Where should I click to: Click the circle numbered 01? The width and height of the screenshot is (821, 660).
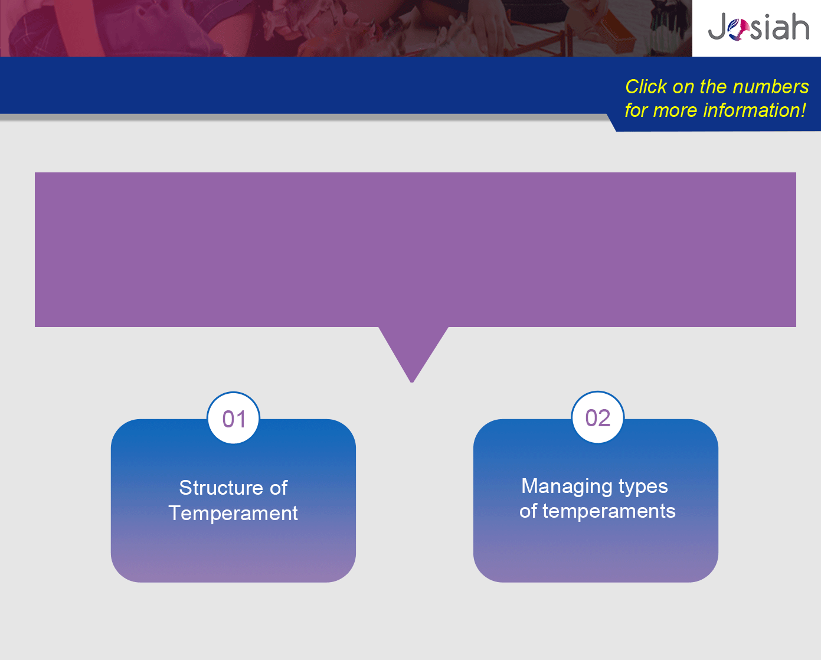(234, 418)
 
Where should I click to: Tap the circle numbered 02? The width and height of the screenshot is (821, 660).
(598, 417)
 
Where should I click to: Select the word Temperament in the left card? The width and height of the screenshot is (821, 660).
(233, 512)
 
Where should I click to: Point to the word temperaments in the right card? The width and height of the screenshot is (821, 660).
(609, 511)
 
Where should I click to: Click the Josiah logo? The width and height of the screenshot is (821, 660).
(758, 27)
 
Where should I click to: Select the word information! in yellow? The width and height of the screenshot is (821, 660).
(754, 110)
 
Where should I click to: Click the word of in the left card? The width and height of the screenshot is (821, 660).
(279, 488)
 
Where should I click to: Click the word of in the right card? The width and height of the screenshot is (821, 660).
(528, 511)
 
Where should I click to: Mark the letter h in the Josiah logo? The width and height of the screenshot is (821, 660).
(800, 26)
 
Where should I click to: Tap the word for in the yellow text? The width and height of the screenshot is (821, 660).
(637, 110)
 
